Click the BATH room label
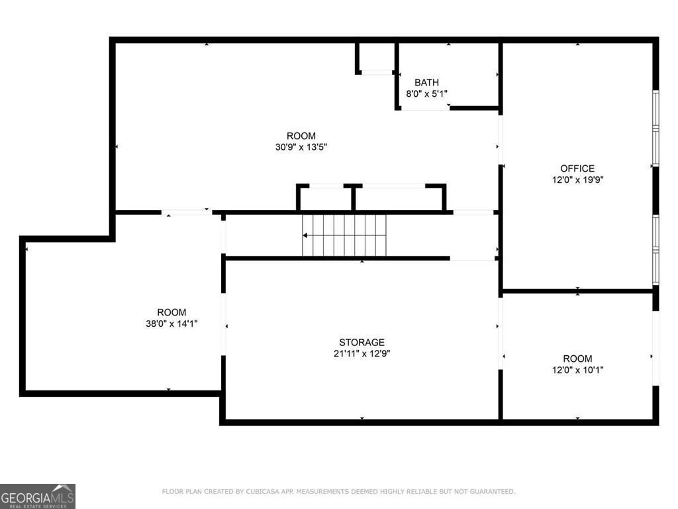[426, 82]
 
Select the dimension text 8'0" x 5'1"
[426, 94]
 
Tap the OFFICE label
[577, 168]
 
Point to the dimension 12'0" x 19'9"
[577, 180]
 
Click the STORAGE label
[362, 342]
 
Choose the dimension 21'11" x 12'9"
[362, 353]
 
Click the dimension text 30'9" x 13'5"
[301, 147]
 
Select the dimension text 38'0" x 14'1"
[171, 323]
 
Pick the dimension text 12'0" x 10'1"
[577, 370]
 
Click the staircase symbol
[344, 235]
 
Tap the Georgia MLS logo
[38, 496]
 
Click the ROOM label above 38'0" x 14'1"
[171, 312]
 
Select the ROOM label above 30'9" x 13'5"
[301, 136]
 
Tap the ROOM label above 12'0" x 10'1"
[577, 359]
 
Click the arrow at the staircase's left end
[306, 235]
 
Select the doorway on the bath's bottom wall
[425, 107]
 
